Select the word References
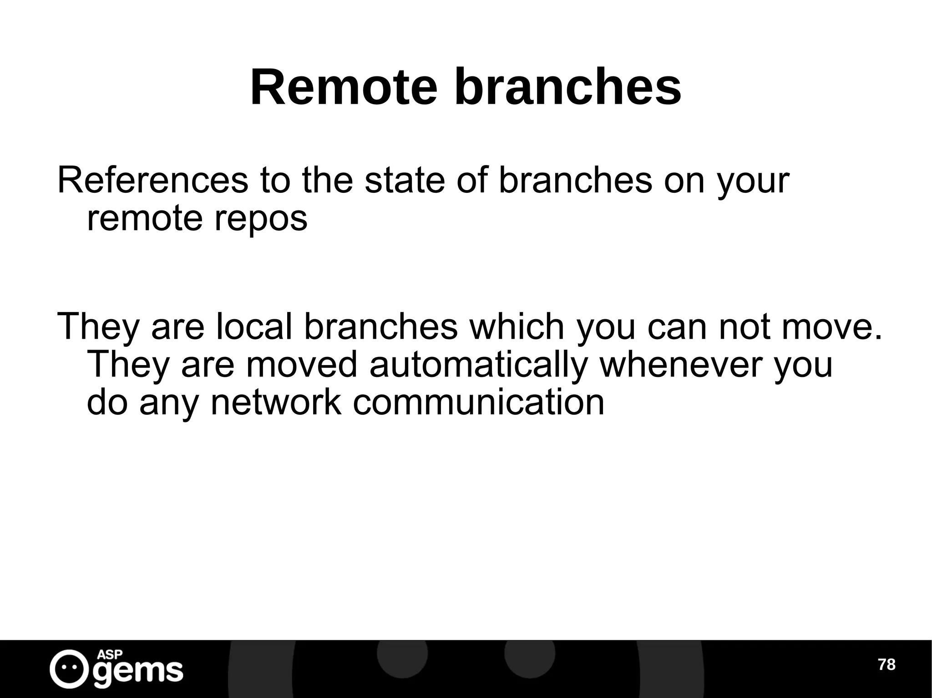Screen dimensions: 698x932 (x=153, y=181)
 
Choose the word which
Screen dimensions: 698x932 (x=517, y=326)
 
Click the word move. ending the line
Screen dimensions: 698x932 (x=832, y=326)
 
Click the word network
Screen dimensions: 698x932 (x=276, y=402)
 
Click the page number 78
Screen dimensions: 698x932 (x=886, y=665)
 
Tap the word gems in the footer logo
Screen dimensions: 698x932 (x=139, y=671)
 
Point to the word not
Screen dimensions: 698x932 (x=746, y=326)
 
